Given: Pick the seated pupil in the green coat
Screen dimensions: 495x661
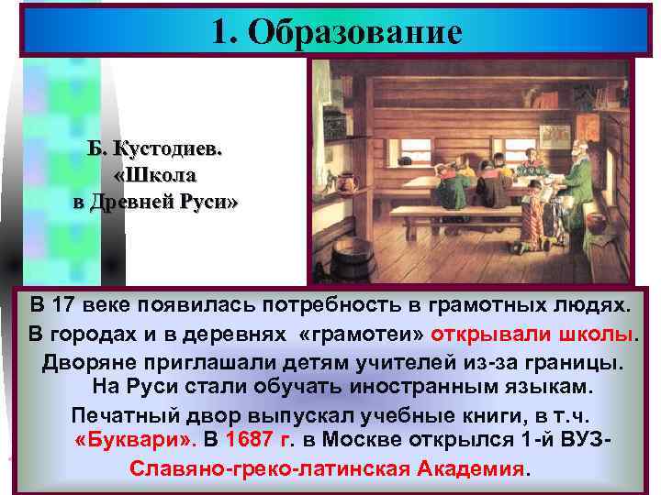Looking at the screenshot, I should pos(451,192).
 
